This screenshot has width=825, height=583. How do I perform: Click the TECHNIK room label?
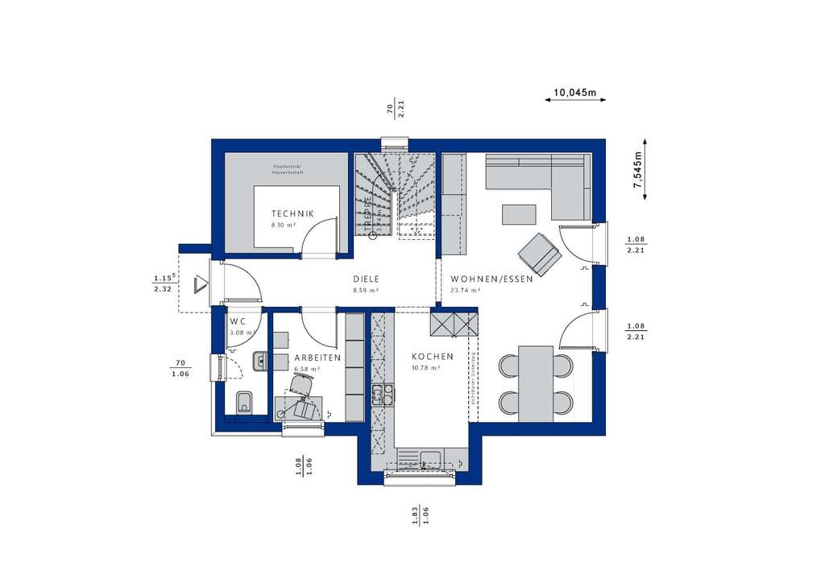click(292, 214)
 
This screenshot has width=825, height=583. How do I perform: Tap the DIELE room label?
click(366, 279)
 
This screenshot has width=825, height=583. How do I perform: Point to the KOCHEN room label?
click(433, 357)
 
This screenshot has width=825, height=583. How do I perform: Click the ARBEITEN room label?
click(317, 358)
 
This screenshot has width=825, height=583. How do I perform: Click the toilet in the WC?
click(244, 403)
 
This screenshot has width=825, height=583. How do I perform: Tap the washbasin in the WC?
click(259, 362)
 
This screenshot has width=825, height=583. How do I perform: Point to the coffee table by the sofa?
click(519, 214)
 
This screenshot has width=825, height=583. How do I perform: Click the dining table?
click(536, 383)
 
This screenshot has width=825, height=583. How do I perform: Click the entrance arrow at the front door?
click(201, 285)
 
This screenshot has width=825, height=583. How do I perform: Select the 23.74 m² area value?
click(466, 291)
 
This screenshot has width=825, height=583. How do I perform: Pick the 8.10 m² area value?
click(284, 225)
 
